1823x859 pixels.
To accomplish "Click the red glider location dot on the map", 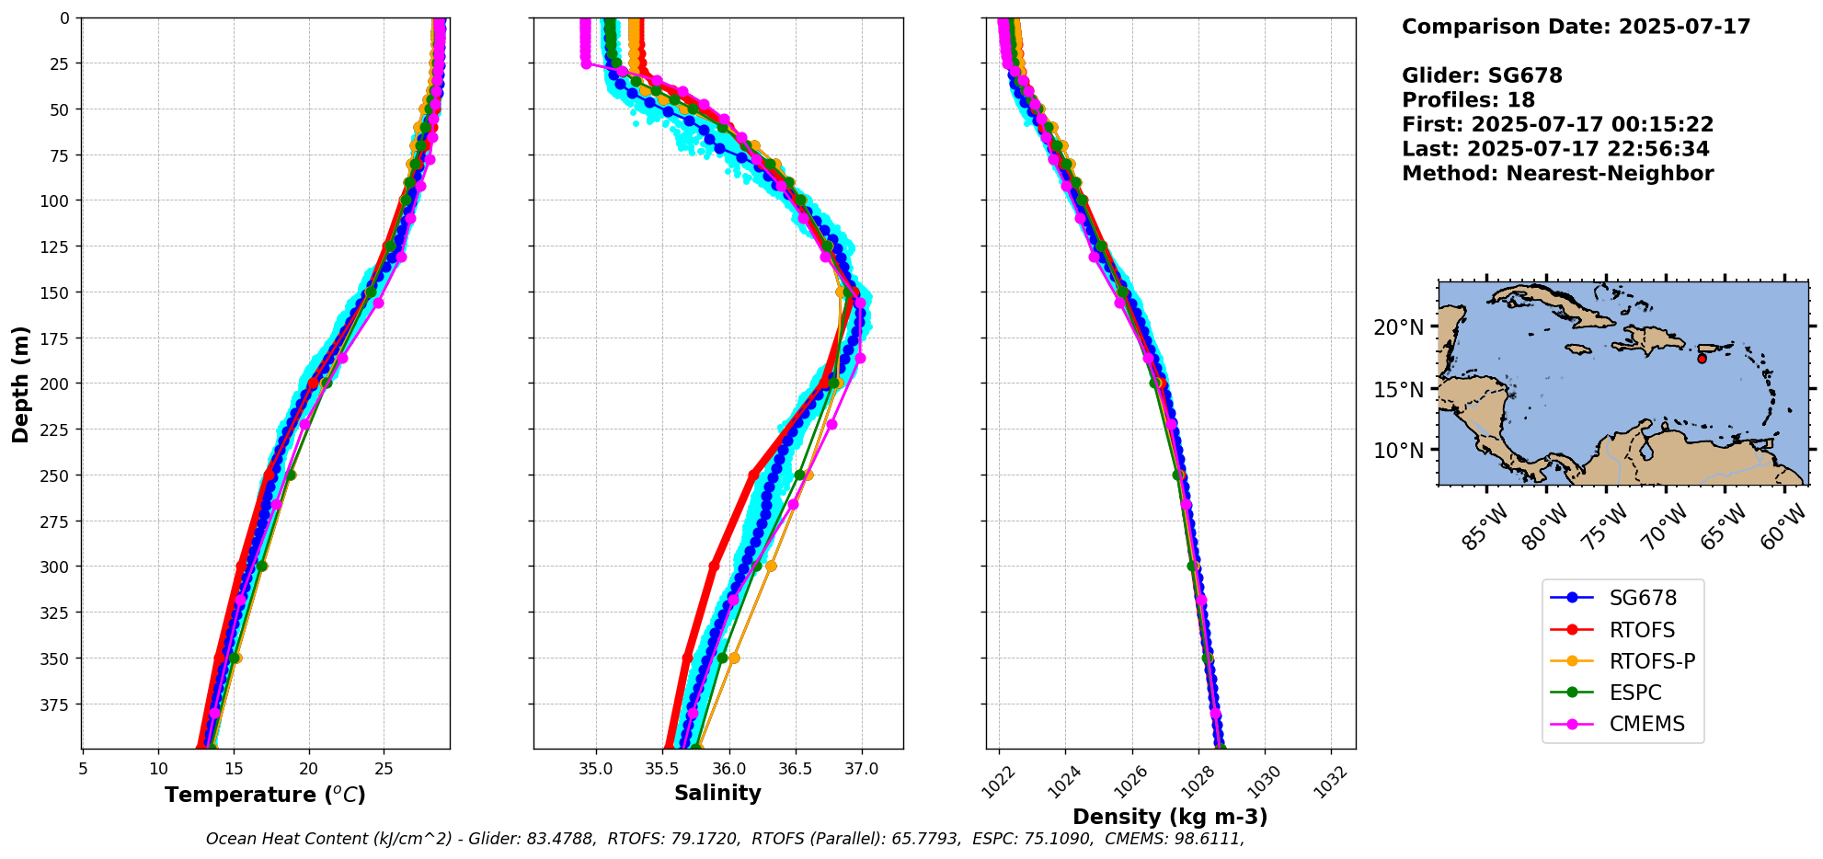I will point(1702,359).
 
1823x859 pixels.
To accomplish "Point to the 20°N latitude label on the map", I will point(1398,328).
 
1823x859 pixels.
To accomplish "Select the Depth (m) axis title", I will point(20,384).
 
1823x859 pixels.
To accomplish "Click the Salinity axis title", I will point(717,794).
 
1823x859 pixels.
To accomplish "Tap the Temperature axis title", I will point(265,795).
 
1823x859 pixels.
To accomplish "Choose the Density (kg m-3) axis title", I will point(1170,817).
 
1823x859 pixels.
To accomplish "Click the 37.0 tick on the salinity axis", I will point(861,768).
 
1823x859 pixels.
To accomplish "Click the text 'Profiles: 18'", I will point(1468,100).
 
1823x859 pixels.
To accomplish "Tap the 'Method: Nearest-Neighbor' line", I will point(1557,174).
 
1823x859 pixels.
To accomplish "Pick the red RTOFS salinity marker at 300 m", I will point(714,566).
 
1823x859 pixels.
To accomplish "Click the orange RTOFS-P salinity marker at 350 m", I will point(734,658).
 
